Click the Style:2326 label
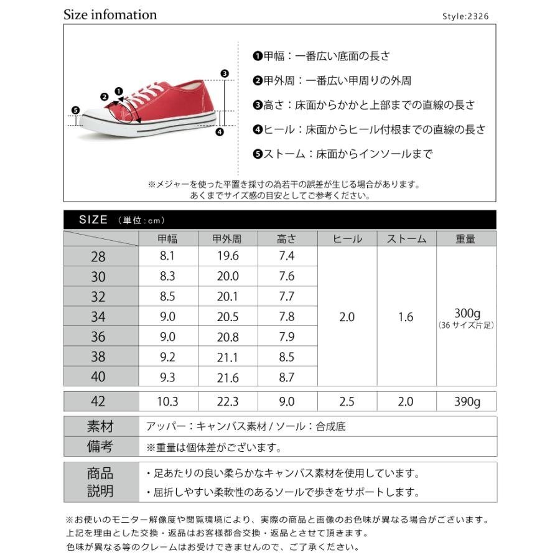(x=469, y=17)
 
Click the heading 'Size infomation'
(x=110, y=14)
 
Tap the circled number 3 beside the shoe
(x=225, y=73)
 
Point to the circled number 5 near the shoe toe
(x=76, y=111)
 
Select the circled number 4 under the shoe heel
(x=219, y=131)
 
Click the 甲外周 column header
(x=228, y=239)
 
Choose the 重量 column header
(x=465, y=239)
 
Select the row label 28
(x=98, y=257)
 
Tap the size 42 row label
(x=98, y=402)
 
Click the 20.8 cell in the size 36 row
(x=228, y=337)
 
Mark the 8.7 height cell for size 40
(x=287, y=377)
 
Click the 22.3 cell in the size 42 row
(x=228, y=402)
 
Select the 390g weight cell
(x=467, y=402)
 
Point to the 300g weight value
(x=467, y=313)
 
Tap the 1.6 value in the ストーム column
(x=406, y=317)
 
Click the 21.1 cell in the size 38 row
(x=228, y=357)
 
